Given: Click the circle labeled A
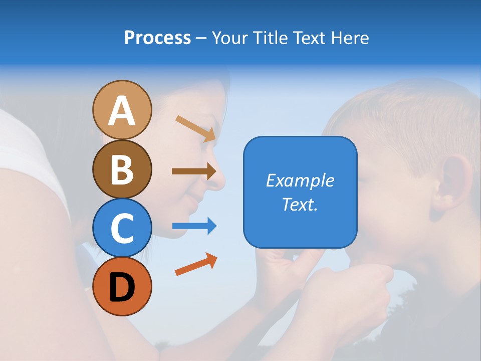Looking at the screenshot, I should click(x=122, y=110).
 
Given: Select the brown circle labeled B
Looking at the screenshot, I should click(x=122, y=169).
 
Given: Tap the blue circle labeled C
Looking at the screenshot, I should click(x=122, y=228).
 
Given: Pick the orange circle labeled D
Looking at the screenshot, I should click(x=122, y=286).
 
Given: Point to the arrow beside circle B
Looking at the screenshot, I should click(x=194, y=171).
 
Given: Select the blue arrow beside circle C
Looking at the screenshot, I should click(x=194, y=226).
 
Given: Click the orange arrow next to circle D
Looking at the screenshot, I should click(x=196, y=264).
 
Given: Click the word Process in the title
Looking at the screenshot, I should click(x=157, y=38).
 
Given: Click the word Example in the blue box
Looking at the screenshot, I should click(x=300, y=180).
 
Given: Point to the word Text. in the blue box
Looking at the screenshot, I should click(x=300, y=204).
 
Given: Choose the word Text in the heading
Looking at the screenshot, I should click(x=309, y=38).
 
